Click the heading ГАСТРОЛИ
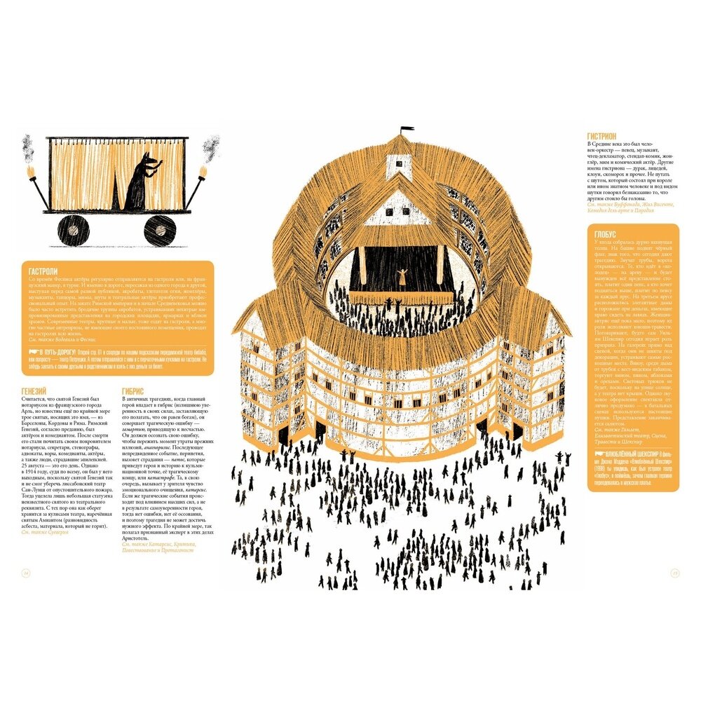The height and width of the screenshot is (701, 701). (43, 271)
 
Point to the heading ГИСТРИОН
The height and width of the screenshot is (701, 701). (602, 136)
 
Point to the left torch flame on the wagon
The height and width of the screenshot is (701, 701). (30, 171)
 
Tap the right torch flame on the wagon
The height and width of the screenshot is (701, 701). (204, 172)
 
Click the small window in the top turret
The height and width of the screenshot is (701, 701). (399, 163)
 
